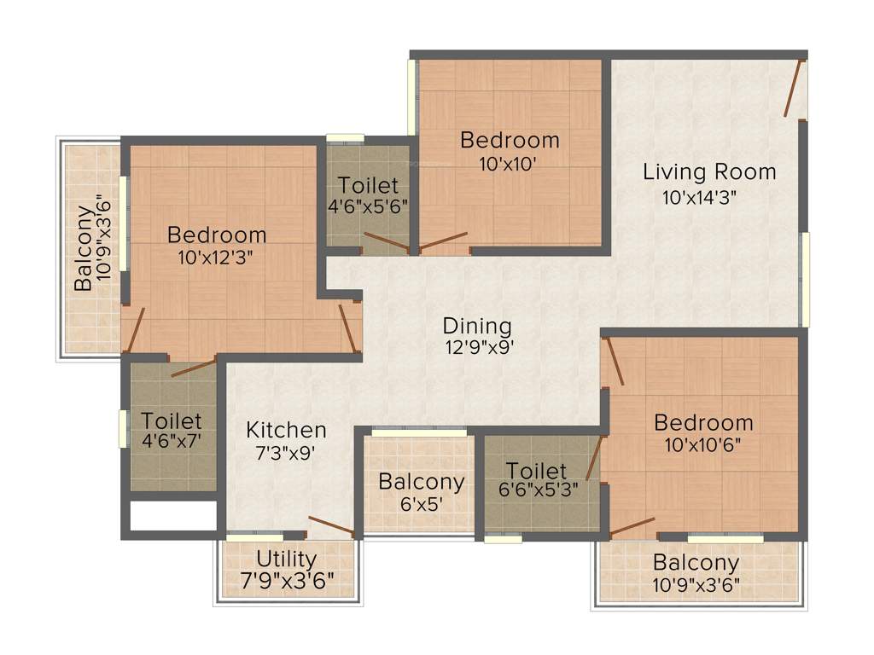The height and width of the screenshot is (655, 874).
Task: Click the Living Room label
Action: (x=709, y=171)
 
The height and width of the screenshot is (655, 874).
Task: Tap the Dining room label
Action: (x=477, y=326)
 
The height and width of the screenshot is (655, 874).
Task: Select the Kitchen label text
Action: (x=286, y=429)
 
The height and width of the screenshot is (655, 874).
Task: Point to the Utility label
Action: (x=287, y=559)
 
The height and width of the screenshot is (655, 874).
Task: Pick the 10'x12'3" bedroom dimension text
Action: (x=217, y=256)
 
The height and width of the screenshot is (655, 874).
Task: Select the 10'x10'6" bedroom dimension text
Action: (x=703, y=444)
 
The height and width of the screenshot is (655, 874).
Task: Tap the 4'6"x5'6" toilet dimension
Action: (x=367, y=206)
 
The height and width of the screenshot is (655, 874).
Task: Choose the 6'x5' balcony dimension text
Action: (x=422, y=503)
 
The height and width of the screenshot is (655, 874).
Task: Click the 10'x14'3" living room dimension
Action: (x=700, y=197)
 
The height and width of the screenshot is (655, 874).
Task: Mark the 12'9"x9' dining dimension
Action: (x=477, y=348)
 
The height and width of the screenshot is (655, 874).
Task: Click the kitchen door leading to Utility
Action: (x=331, y=527)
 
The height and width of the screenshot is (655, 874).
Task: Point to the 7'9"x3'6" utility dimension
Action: (x=287, y=583)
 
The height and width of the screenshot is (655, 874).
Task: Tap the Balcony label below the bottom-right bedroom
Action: (x=696, y=563)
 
